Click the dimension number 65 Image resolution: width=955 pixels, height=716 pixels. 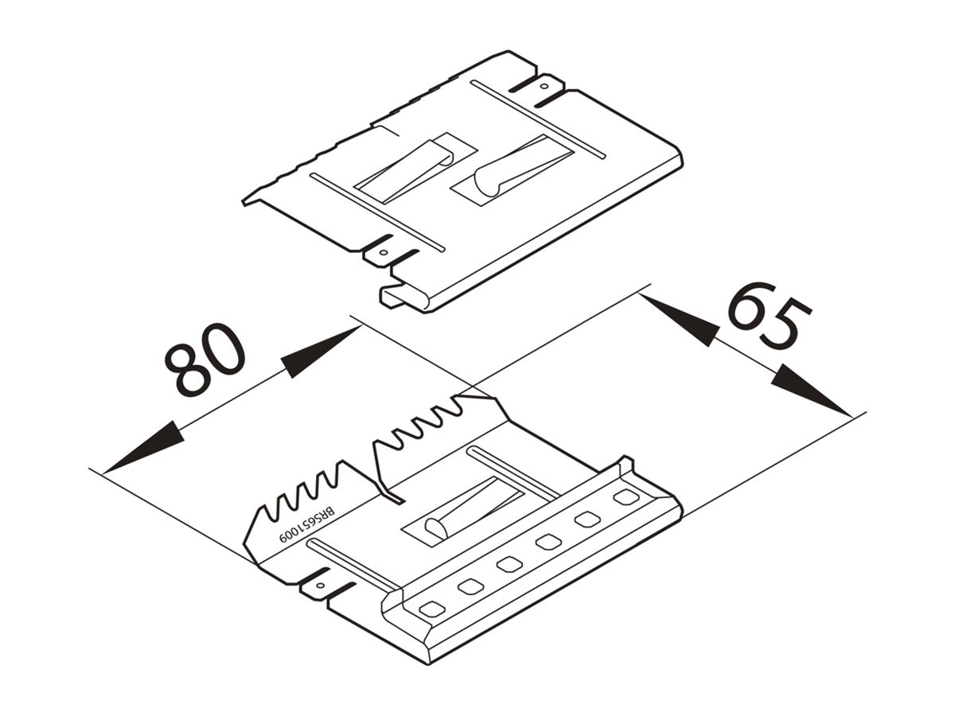coord(769,316)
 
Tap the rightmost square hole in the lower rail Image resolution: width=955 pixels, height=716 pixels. coord(626,497)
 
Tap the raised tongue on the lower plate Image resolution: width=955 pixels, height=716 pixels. coord(470,509)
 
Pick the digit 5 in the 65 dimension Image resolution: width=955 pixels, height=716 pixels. coord(788,326)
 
